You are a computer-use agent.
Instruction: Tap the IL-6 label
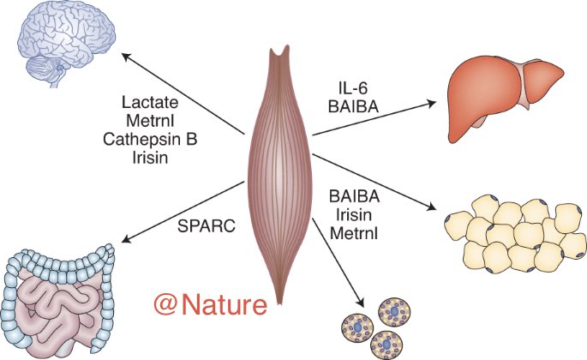(351, 85)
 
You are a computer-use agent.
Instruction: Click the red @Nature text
(210, 303)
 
